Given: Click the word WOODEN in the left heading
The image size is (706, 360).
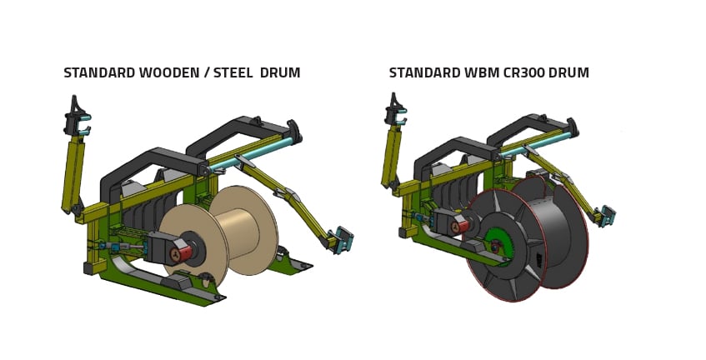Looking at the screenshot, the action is (x=170, y=72).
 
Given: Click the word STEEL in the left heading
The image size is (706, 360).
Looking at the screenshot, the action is (x=233, y=72).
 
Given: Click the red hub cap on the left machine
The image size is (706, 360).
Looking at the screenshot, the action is (x=183, y=252).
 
